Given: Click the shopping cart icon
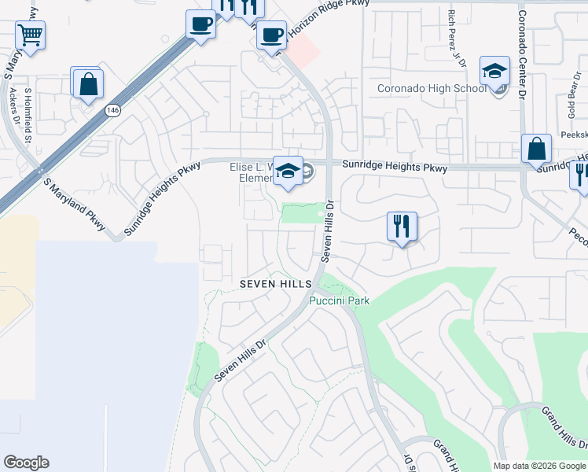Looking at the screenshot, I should click(30, 35).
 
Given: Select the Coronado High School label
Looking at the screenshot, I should click(432, 88).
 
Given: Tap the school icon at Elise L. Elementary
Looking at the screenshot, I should click(288, 171).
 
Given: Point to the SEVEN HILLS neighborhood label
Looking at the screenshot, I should click(276, 283).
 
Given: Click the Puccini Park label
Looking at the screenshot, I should click(339, 300).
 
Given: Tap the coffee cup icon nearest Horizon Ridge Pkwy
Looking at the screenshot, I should click(272, 35).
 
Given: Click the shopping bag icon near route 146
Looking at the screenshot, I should click(88, 83).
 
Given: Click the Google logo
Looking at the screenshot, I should click(26, 463).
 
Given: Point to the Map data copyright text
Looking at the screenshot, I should click(539, 466).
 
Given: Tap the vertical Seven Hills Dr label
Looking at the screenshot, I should click(330, 233).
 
